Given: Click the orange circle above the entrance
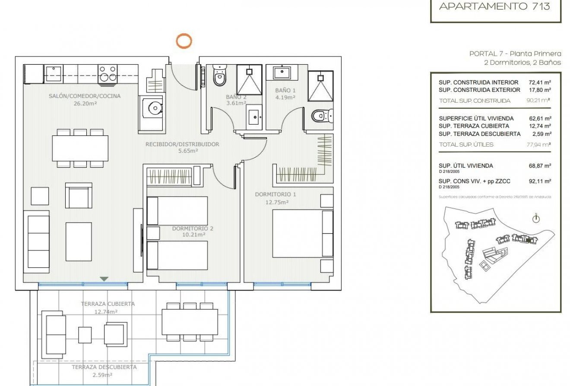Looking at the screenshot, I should click(x=184, y=41).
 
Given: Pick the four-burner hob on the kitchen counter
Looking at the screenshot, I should click(x=108, y=73).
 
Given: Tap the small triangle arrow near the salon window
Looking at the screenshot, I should click(x=104, y=279).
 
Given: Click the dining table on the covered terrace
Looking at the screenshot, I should click(x=190, y=322).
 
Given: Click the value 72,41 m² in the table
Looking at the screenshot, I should click(x=540, y=82).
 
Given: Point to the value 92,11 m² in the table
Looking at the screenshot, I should click(x=540, y=181).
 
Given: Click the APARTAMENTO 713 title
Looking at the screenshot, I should click(x=494, y=6).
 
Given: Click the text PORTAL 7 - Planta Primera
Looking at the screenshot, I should click(x=515, y=54).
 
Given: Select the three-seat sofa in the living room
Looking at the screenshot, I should click(x=38, y=242).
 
